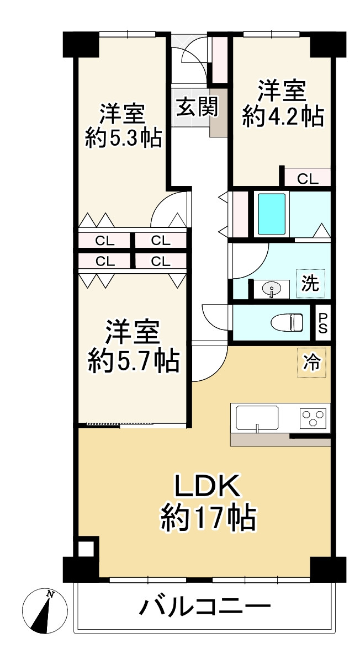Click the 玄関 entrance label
pyautogui.click(x=197, y=107)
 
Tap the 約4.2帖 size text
pyautogui.click(x=283, y=117)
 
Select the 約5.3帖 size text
pyautogui.click(x=123, y=137)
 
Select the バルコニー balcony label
pyautogui.click(x=205, y=608)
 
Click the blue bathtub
pyautogui.click(x=272, y=214)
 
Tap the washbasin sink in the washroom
pyautogui.click(x=271, y=289)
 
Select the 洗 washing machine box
pyautogui.click(x=310, y=284)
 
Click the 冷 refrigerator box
pyautogui.click(x=311, y=362)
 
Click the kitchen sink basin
pyautogui.click(x=257, y=417)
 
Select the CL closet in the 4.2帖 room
pyautogui.click(x=308, y=178)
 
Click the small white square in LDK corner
pyautogui.click(x=86, y=549)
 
